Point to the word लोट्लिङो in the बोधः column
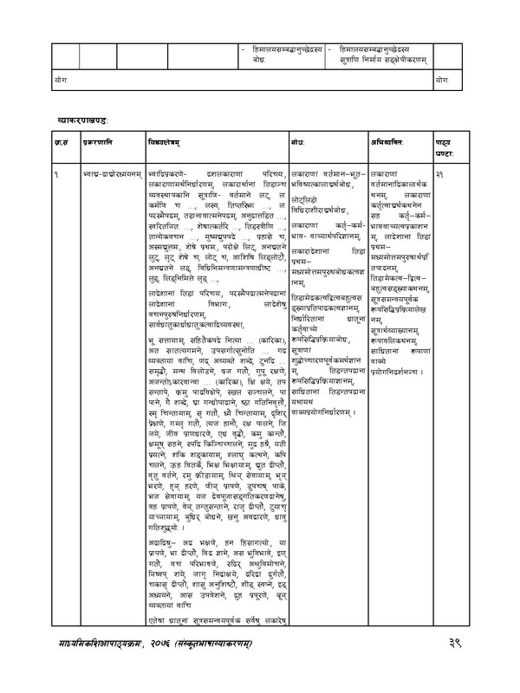[x=306, y=199]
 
